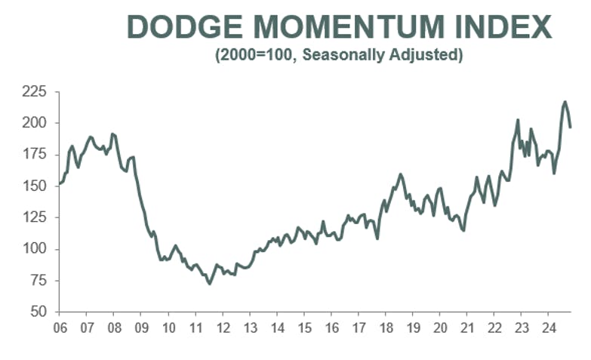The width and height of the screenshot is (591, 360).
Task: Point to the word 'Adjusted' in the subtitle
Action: pyautogui.click(x=428, y=55)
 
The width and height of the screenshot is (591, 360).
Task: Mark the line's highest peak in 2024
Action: pyautogui.click(x=565, y=102)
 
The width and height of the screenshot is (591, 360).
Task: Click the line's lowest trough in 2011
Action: pyautogui.click(x=209, y=283)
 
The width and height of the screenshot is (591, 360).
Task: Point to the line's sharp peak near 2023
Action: pyautogui.click(x=518, y=120)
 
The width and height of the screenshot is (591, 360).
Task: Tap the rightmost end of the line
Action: pyautogui.click(x=571, y=127)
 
